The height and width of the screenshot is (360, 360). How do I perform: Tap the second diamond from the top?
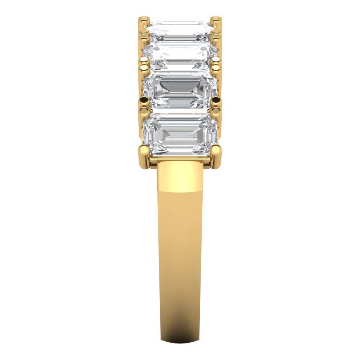pyautogui.click(x=180, y=58)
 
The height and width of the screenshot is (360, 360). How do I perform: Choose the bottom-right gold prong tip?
pyautogui.click(x=217, y=149)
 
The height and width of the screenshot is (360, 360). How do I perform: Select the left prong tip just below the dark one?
pyautogui.click(x=144, y=108)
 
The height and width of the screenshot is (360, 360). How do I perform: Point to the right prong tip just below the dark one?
pyautogui.click(x=217, y=108)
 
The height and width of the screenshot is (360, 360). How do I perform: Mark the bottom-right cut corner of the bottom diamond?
pyautogui.click(x=213, y=153)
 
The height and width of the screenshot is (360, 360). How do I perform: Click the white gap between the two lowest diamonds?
pyautogui.click(x=180, y=112)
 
